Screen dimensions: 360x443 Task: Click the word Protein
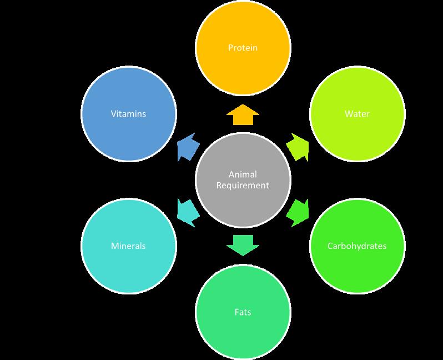(x=243, y=48)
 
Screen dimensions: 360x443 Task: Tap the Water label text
(x=356, y=114)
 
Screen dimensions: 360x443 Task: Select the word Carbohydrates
(x=356, y=246)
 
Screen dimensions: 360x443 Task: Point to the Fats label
(x=243, y=312)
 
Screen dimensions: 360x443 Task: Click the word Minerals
(x=129, y=246)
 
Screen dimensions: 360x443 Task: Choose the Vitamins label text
(x=129, y=114)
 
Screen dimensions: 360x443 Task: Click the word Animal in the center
(x=243, y=174)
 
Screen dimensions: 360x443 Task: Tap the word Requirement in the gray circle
(x=243, y=185)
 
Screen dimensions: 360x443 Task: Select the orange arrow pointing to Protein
(x=243, y=114)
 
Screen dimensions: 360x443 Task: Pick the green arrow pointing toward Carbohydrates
(x=298, y=212)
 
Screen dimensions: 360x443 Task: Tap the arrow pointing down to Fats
(x=243, y=244)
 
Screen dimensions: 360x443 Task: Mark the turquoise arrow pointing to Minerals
(x=187, y=212)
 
